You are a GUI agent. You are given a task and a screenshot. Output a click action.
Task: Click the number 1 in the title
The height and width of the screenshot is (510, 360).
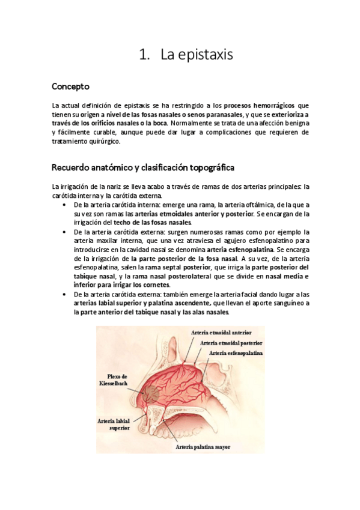click(x=142, y=55)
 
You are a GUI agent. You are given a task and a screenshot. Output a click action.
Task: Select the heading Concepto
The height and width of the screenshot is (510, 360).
click(x=70, y=86)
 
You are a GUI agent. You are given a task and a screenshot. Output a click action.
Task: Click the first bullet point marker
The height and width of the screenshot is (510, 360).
click(x=64, y=204)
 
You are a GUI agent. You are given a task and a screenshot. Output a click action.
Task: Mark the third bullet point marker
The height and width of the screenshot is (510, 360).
click(x=64, y=294)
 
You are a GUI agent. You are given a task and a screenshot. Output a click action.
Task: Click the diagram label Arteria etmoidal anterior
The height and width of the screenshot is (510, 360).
click(x=221, y=332)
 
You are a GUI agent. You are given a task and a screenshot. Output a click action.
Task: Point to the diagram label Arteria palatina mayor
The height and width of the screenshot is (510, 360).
click(x=203, y=447)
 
